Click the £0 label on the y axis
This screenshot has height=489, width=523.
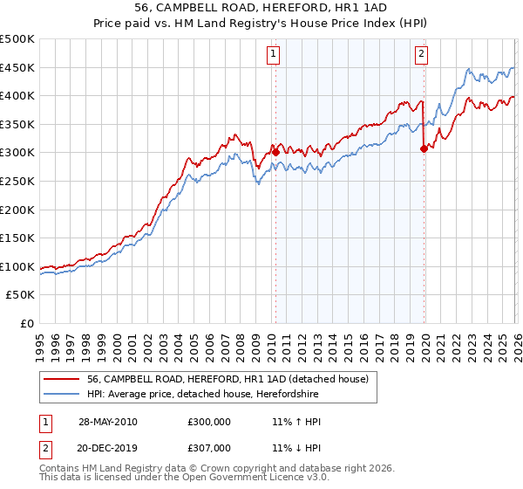[x=27, y=323]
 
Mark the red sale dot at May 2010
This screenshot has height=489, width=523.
[x=276, y=152]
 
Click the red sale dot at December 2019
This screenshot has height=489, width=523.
[x=424, y=148]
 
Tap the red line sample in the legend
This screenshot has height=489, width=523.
[x=63, y=379]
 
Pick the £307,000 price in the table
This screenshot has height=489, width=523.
[x=209, y=448]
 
